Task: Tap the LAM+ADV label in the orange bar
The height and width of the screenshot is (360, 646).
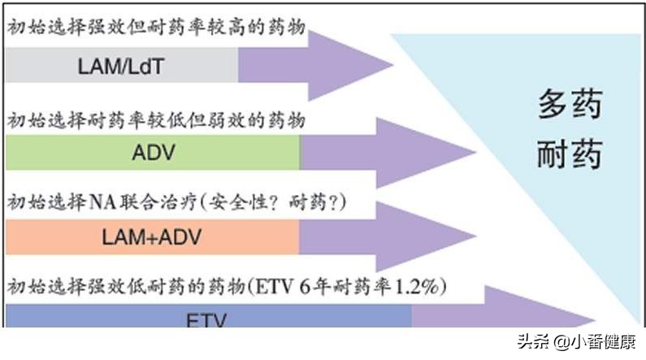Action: (x=152, y=237)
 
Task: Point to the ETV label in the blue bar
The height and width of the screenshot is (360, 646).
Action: (x=208, y=319)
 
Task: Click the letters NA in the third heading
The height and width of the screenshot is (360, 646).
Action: (x=99, y=201)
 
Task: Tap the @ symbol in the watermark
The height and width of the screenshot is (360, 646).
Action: (x=564, y=342)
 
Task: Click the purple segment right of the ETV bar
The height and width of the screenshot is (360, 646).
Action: (x=488, y=317)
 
